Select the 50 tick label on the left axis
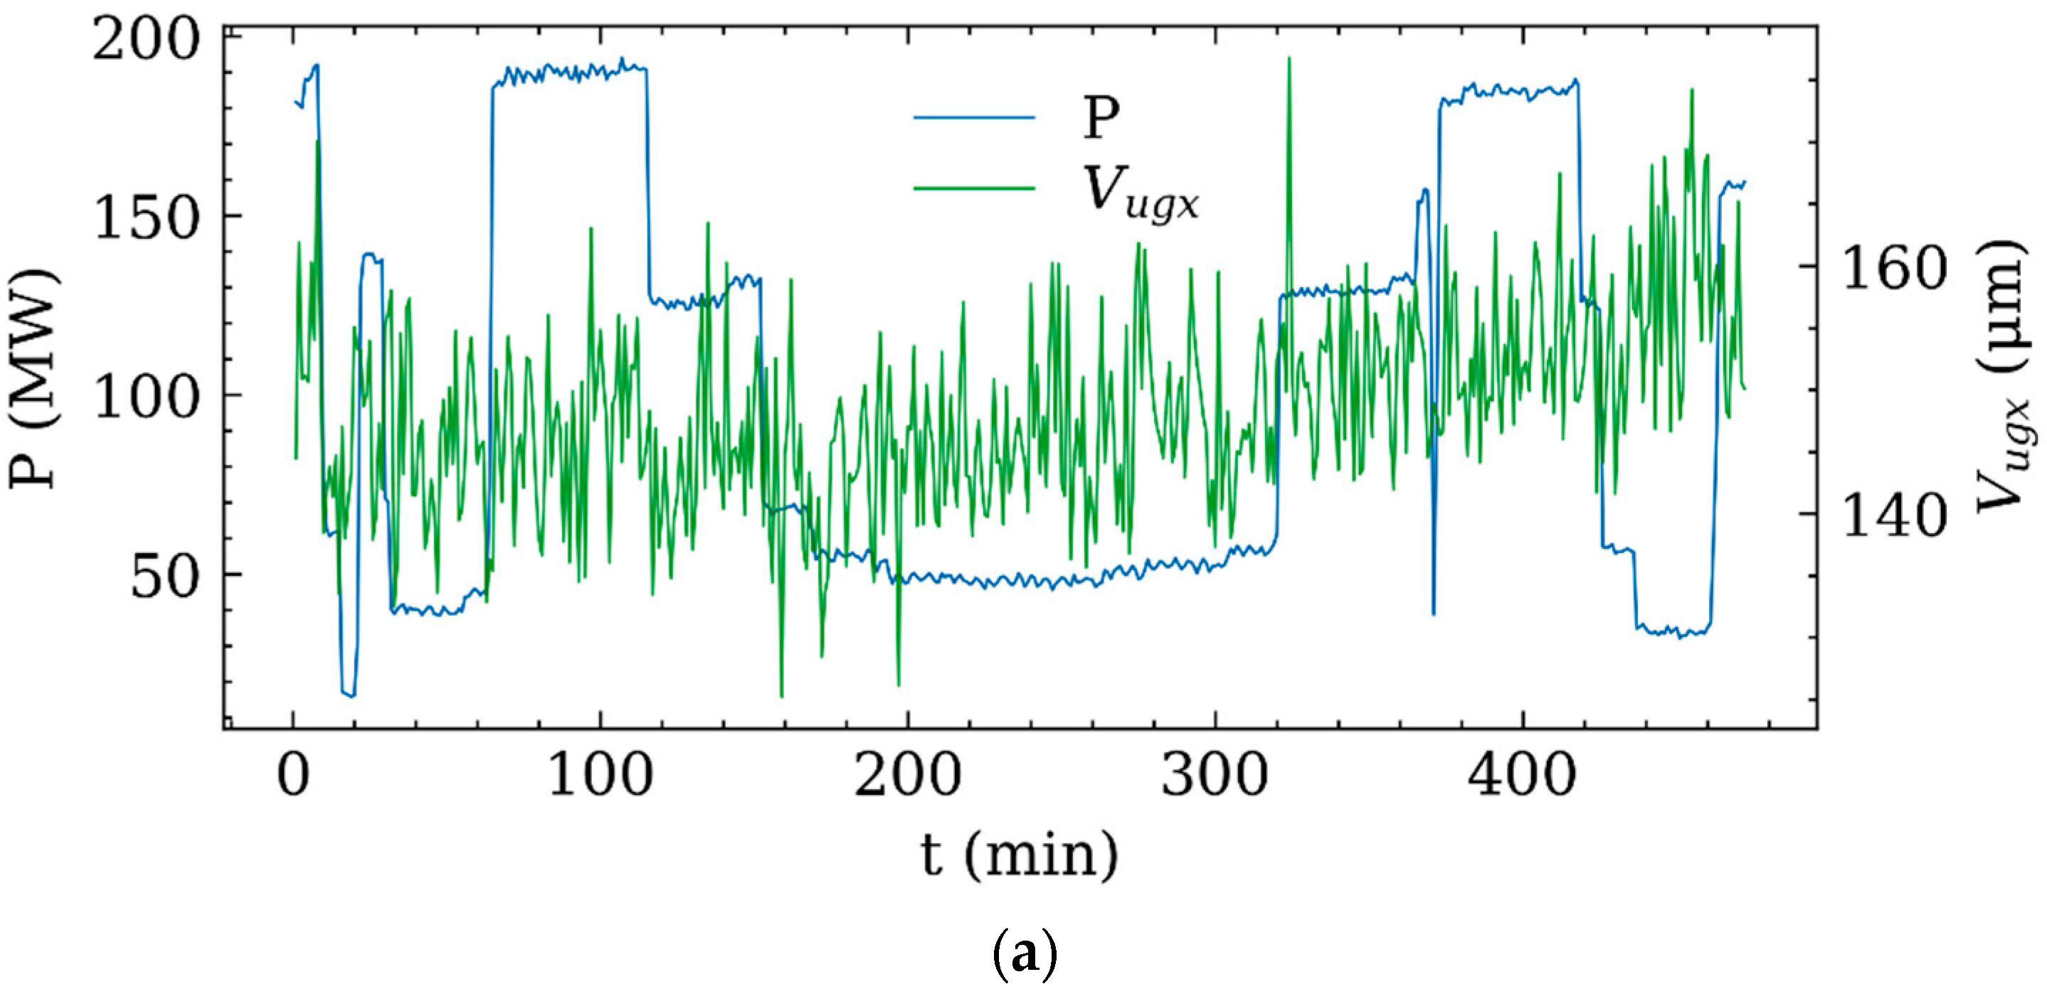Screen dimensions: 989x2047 pos(164,577)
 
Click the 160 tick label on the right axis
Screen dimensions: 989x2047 pos(1895,269)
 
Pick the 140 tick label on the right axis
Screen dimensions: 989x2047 pos(1895,517)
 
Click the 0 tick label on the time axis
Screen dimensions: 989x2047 pos(293,776)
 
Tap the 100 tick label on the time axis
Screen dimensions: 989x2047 pos(601,776)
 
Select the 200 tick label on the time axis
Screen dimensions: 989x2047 pos(907,776)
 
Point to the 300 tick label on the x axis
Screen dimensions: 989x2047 pos(1215,776)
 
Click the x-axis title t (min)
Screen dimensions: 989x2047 pos(1020,855)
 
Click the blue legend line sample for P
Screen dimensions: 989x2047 pos(974,118)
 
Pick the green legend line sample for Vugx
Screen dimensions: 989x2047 pos(974,188)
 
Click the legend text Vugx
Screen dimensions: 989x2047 pos(1141,193)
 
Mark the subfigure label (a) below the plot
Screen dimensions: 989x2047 pos(1025,956)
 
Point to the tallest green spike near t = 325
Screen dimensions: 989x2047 pos(1289,60)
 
